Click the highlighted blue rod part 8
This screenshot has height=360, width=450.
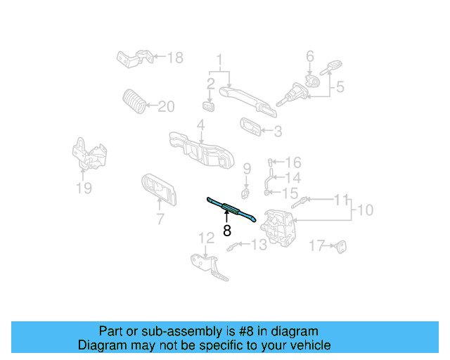click(x=231, y=209)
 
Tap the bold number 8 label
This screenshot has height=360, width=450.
click(x=226, y=230)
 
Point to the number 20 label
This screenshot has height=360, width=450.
click(x=166, y=107)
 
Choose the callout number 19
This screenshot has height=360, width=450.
click(x=84, y=188)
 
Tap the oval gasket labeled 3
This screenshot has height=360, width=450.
click(x=250, y=126)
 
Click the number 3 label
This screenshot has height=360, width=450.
click(x=278, y=131)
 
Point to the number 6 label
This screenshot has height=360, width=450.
click(x=309, y=56)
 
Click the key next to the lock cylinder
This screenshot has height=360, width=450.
click(x=328, y=69)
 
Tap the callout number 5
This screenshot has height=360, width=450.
click(x=340, y=87)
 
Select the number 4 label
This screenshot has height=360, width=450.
click(x=200, y=127)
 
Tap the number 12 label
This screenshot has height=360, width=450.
click(x=205, y=238)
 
